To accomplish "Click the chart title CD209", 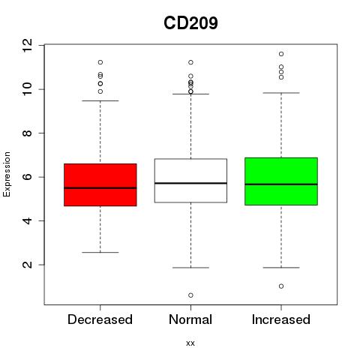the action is [190, 23].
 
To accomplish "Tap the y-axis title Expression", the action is [7, 174].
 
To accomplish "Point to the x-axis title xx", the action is [190, 343].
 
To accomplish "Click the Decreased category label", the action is [100, 319].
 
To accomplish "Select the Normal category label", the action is [190, 319].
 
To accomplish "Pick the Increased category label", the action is [281, 319].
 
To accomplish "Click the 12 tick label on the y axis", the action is [27, 45].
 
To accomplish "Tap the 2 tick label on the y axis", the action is [27, 265].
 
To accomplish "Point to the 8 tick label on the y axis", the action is [27, 133].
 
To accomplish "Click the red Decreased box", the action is [100, 184].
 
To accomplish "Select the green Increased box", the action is [281, 181].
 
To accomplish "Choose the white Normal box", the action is [190, 181].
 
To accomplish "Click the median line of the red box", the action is [100, 188].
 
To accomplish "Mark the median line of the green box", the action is [281, 184].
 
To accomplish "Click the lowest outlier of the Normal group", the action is [190, 295].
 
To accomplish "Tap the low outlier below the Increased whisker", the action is [281, 286].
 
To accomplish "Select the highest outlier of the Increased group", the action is [281, 54].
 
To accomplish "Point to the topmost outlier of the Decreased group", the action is [100, 62].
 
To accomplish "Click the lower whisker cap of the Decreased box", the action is [100, 253].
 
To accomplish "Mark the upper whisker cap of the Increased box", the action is [281, 93].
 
